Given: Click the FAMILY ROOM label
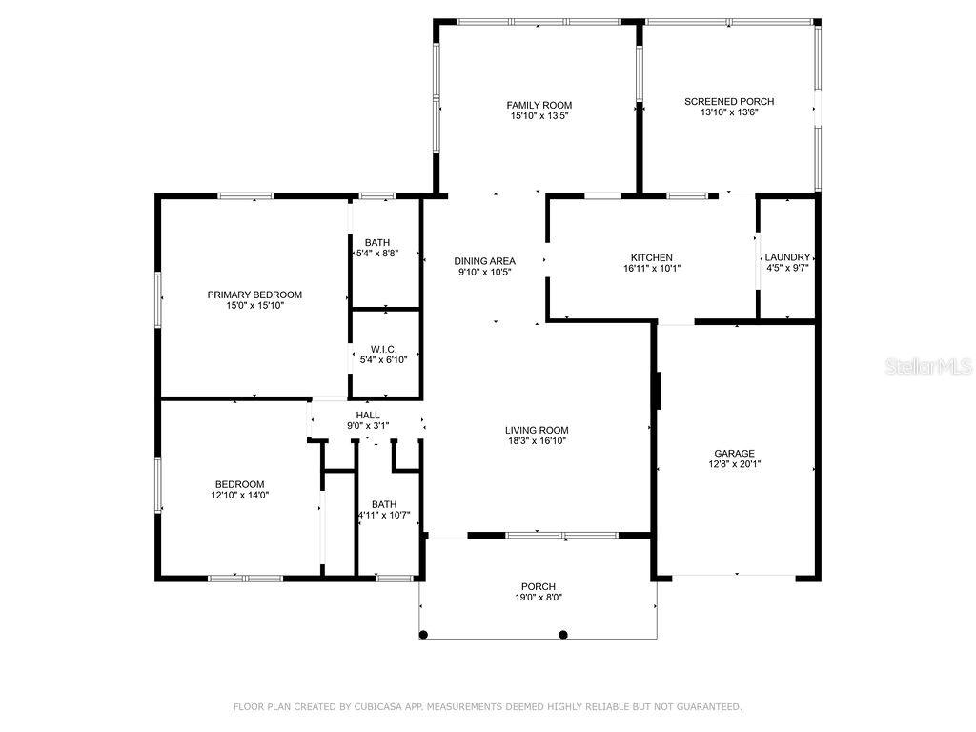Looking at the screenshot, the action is (539, 105).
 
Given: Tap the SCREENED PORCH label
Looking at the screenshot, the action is (729, 101).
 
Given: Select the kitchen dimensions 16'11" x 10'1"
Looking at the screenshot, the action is (652, 268).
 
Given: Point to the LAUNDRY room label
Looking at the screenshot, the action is (787, 257).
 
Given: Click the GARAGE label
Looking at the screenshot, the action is (735, 453).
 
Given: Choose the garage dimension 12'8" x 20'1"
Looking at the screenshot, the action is (735, 464).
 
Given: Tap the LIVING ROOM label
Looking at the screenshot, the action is (537, 430).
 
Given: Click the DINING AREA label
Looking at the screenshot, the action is (484, 261).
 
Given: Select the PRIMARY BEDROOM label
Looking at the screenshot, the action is (254, 295).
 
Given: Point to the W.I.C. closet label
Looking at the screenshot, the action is (383, 349).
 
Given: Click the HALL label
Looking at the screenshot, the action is (368, 416).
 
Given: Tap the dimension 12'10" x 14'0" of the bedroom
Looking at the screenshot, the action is (239, 495).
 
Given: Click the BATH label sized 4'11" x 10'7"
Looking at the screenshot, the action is (384, 504).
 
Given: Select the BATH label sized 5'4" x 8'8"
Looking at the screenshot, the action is (377, 242).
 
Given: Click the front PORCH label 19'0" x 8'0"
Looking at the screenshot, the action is (539, 586).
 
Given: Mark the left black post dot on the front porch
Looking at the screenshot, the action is (423, 635).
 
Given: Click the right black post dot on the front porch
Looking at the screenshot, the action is (563, 635).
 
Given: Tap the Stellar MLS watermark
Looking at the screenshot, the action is (928, 366).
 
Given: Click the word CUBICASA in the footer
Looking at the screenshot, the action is (377, 706).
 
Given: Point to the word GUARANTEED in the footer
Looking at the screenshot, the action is (708, 706).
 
